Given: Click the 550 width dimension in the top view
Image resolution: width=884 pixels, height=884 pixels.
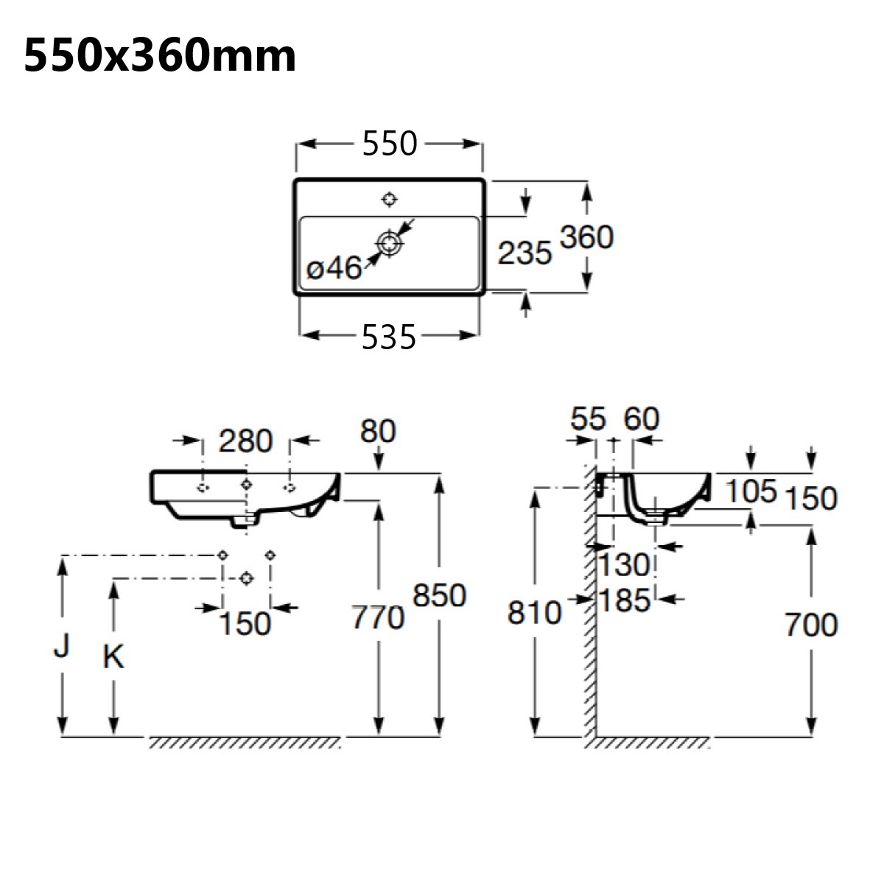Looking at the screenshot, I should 390,144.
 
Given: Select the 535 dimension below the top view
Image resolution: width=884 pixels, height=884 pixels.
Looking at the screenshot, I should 389,337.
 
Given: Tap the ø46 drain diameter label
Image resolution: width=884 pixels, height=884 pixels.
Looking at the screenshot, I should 334,269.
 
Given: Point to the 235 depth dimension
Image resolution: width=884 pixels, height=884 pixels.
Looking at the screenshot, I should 525,253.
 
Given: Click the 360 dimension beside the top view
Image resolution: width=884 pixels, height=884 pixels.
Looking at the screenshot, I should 586,237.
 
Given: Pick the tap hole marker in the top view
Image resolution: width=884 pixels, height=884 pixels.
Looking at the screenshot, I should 389,199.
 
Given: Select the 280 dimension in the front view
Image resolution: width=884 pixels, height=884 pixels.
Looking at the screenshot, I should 245,441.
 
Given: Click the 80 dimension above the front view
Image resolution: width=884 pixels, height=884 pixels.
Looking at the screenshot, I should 379,431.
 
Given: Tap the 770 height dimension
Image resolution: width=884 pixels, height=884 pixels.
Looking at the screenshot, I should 377,617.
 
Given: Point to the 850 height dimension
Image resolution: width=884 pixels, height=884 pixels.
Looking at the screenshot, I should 439,595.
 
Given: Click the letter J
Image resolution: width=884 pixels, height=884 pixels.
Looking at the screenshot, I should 63,646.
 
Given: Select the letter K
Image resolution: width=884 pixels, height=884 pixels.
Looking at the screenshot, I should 113,657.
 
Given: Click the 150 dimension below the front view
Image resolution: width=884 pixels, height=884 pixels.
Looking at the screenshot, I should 245,624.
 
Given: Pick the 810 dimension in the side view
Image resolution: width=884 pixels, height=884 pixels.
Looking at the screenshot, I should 534,613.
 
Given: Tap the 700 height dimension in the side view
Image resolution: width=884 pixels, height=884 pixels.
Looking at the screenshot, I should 810,625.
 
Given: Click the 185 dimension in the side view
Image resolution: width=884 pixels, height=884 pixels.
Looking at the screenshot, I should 624,600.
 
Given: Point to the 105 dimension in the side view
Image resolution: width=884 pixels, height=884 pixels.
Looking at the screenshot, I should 751,491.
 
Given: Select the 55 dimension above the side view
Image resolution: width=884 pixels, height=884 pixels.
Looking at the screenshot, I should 588,419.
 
